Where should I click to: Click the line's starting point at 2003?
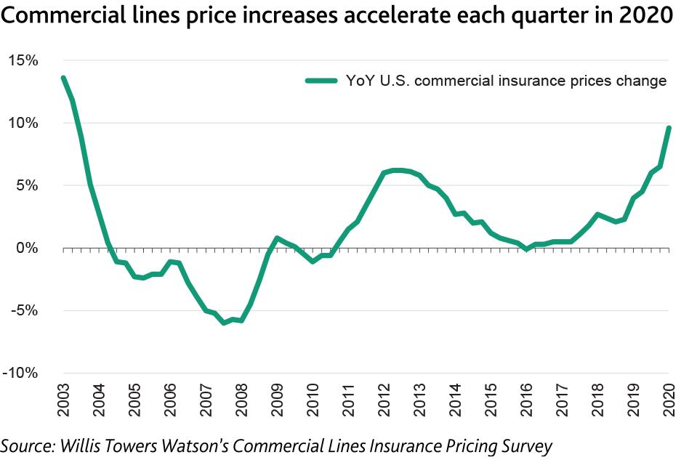64,78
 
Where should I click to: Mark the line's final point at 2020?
669,128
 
